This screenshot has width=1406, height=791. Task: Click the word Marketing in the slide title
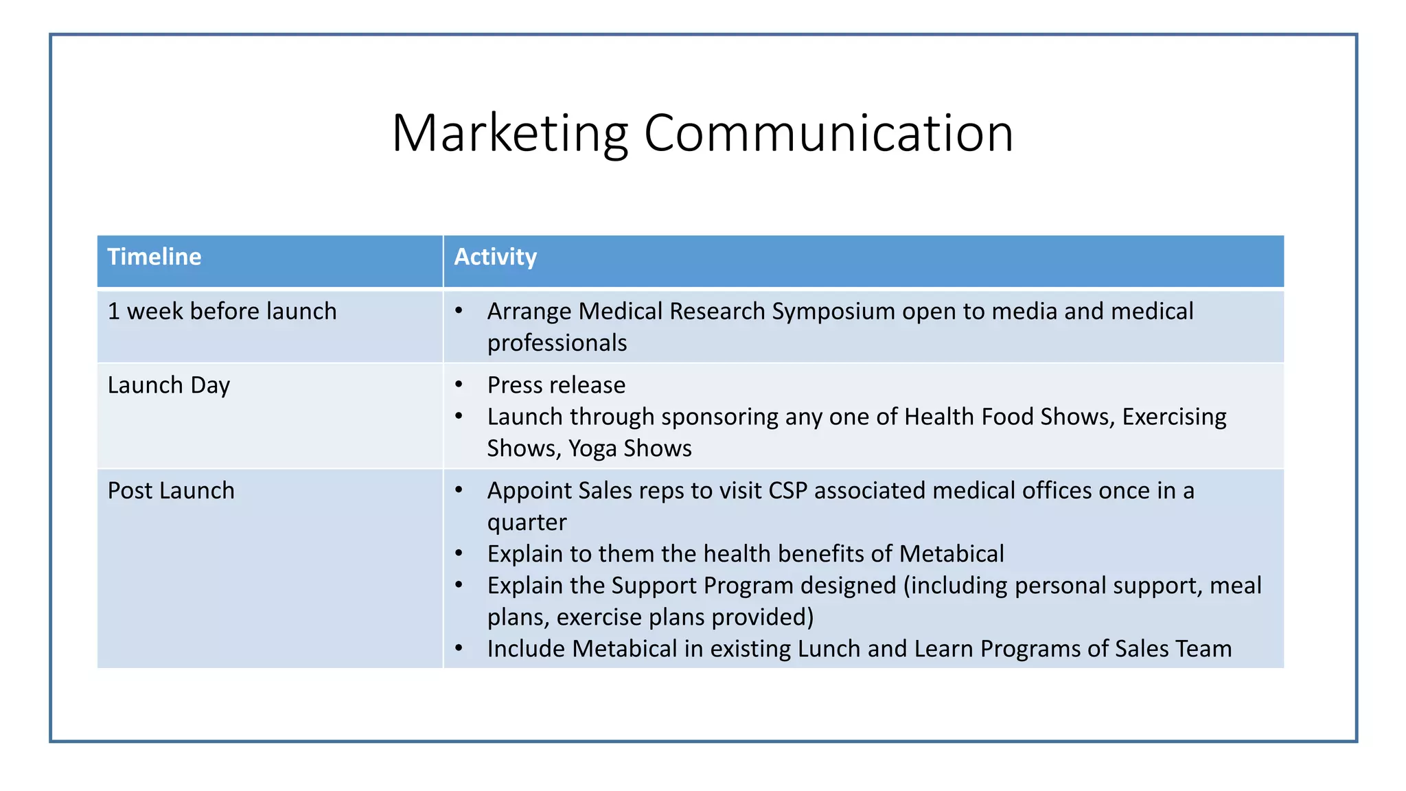click(x=509, y=133)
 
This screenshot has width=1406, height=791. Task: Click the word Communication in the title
click(x=828, y=133)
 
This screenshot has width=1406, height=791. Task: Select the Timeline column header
click(x=154, y=257)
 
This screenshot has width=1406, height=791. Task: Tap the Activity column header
click(x=495, y=257)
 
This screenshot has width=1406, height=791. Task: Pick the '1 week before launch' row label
click(x=222, y=312)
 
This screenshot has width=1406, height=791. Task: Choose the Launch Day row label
click(x=169, y=386)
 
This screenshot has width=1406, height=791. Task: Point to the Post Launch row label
click(x=171, y=491)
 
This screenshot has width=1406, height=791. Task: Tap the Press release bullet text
click(x=556, y=385)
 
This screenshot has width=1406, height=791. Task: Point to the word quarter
click(x=527, y=523)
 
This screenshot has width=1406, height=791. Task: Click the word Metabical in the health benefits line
click(x=952, y=554)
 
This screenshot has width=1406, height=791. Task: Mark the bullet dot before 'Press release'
click(x=459, y=385)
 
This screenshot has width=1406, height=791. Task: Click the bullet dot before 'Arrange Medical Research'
click(x=459, y=312)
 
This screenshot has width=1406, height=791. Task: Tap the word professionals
click(x=557, y=343)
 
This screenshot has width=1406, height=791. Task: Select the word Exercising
click(x=1174, y=417)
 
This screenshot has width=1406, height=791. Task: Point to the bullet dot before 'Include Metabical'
click(x=459, y=649)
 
